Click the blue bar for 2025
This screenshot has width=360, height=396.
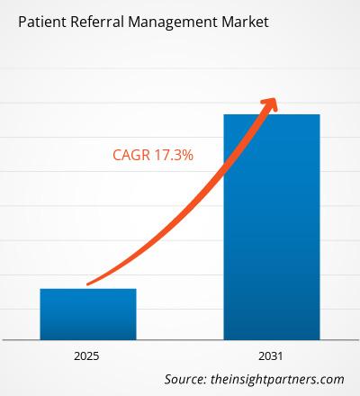[88, 314]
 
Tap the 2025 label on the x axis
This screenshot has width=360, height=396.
[88, 357]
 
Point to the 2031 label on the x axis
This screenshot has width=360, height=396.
[272, 357]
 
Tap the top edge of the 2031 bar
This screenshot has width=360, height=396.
[272, 114]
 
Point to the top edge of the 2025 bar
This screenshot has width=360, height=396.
[88, 289]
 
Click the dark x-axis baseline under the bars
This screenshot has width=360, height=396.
[180, 340]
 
